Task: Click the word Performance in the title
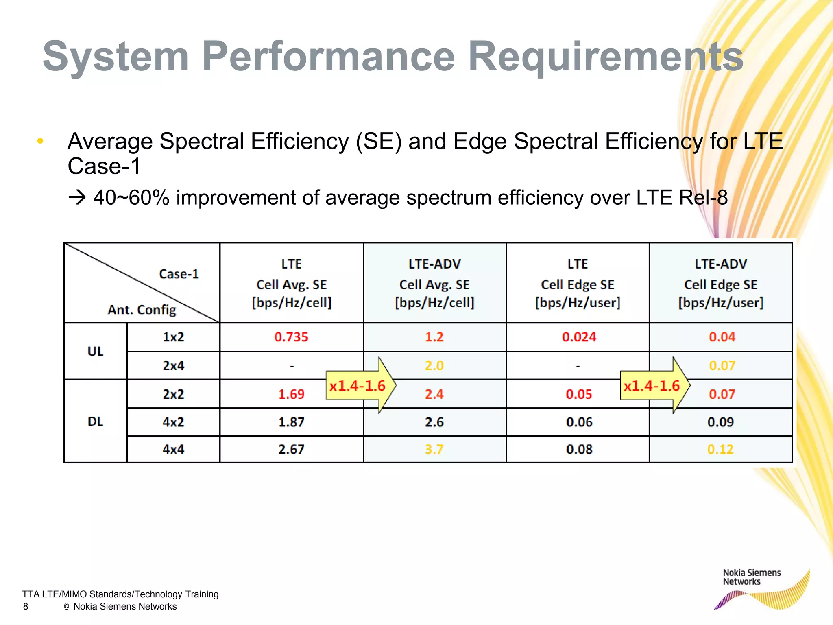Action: [328, 57]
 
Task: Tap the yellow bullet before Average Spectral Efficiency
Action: [40, 141]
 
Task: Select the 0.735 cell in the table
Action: [291, 337]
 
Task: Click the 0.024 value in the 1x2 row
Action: [579, 337]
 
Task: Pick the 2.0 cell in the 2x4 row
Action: [434, 365]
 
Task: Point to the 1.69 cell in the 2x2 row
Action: [291, 394]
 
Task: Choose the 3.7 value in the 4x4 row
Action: [434, 449]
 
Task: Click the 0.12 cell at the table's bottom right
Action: [720, 449]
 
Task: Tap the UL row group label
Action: [95, 351]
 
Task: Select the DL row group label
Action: [95, 421]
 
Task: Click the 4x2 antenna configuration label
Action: [173, 422]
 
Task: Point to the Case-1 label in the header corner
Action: [179, 274]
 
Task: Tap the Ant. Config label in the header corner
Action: [142, 310]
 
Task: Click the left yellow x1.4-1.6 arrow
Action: [358, 385]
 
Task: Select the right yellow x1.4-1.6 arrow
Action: [652, 385]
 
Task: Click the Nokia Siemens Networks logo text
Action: [751, 577]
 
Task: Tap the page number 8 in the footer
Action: [26, 606]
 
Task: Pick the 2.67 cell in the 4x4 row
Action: [291, 449]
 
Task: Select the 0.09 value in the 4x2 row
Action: [720, 422]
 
